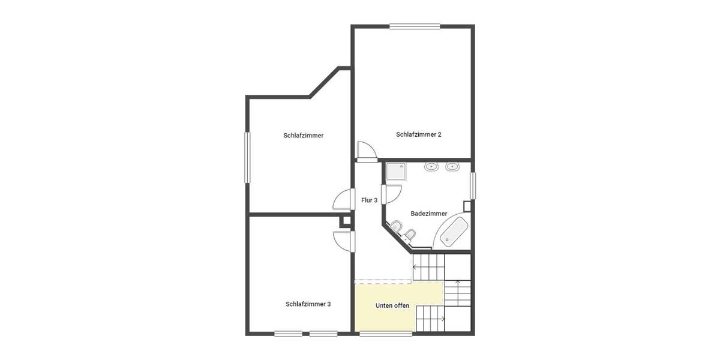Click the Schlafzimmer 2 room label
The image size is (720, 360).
click(418, 134)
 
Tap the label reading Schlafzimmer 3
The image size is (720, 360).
click(308, 304)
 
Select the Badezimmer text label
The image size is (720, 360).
click(428, 214)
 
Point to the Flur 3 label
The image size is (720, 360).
click(369, 200)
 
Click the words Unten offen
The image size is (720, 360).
click(392, 305)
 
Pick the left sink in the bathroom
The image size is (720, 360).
click(431, 166)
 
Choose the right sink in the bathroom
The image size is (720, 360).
click(453, 166)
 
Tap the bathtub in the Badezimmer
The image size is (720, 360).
click(454, 233)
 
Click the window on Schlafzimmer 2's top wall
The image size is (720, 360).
click(415, 26)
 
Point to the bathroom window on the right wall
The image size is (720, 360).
click(473, 185)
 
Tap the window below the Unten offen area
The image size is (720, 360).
click(386, 334)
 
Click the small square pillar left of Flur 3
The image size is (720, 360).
click(346, 222)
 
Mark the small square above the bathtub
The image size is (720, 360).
click(467, 205)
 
